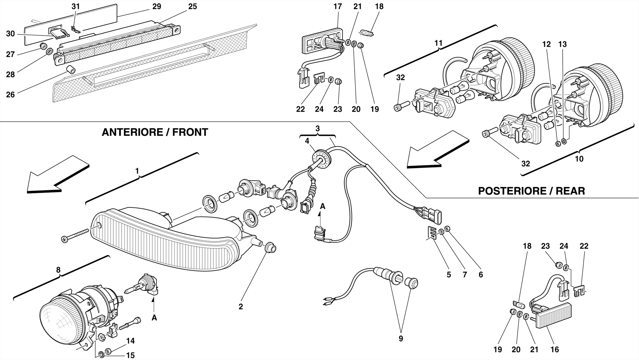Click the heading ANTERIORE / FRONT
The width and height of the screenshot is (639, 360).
tap(155, 132)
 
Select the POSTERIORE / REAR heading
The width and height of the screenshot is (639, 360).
tap(531, 191)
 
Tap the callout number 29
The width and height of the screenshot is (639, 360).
tap(157, 7)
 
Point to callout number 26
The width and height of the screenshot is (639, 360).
tap(10, 95)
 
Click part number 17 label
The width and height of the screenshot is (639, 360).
tap(338, 7)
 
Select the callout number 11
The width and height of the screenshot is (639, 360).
tap(438, 43)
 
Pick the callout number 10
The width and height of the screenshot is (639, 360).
tap(579, 159)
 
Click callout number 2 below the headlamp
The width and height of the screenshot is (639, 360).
tap(241, 307)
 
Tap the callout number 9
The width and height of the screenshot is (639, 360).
tap(401, 338)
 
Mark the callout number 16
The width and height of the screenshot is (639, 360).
tap(555, 350)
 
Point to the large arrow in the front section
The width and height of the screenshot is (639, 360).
tap(56, 175)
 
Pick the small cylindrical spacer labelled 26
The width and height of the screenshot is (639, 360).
tap(71, 69)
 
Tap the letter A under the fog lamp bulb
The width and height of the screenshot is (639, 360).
tap(154, 318)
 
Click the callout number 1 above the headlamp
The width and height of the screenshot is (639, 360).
tap(137, 171)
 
